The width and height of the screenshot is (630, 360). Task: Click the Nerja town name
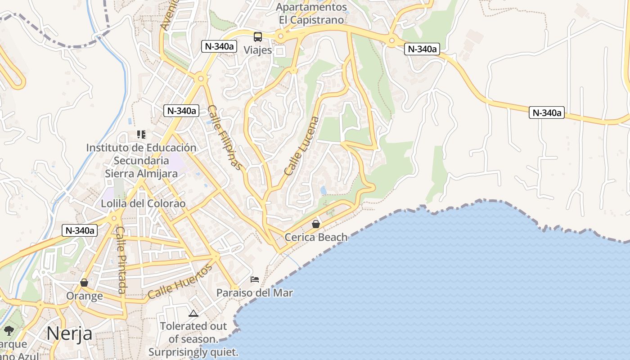(x=69, y=334)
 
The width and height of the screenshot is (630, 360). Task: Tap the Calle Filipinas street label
(x=226, y=138)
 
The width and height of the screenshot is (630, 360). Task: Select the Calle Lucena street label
(x=302, y=146)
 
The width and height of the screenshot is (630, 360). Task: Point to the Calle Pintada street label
(x=121, y=260)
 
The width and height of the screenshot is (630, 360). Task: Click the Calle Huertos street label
(x=180, y=282)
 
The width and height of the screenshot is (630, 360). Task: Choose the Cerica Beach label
(x=316, y=237)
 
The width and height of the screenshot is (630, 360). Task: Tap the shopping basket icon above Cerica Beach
(x=316, y=224)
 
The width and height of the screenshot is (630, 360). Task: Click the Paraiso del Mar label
(x=254, y=293)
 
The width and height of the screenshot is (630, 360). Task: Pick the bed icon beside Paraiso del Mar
(x=255, y=279)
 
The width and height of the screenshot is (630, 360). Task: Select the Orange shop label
(x=84, y=296)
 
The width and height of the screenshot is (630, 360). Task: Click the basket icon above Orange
(x=84, y=283)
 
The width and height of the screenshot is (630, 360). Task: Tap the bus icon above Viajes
(x=257, y=37)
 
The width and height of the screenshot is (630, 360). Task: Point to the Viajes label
(x=258, y=50)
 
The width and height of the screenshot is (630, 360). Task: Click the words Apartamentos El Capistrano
(x=311, y=13)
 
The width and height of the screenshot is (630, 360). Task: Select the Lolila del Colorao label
(x=143, y=203)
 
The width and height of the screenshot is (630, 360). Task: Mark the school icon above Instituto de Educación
(x=141, y=134)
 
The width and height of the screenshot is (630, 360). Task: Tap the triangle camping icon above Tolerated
(x=193, y=313)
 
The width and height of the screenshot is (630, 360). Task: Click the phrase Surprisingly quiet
(x=193, y=352)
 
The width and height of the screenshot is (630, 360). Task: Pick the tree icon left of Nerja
(x=9, y=331)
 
